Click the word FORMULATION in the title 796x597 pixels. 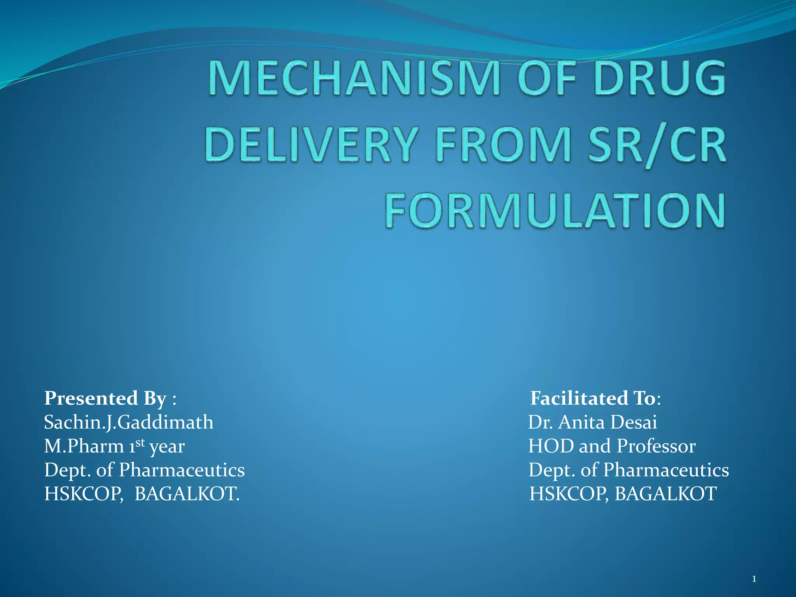(x=555, y=211)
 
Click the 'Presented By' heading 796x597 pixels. (x=105, y=398)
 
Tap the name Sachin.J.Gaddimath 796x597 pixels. (x=129, y=422)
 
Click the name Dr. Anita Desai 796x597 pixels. (x=592, y=422)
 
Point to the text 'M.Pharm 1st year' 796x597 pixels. (x=114, y=446)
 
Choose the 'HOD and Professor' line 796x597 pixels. (x=612, y=446)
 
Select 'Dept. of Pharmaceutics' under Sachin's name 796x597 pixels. (x=144, y=470)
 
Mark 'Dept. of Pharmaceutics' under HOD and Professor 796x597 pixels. (x=628, y=470)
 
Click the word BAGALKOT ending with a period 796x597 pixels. (x=187, y=494)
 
